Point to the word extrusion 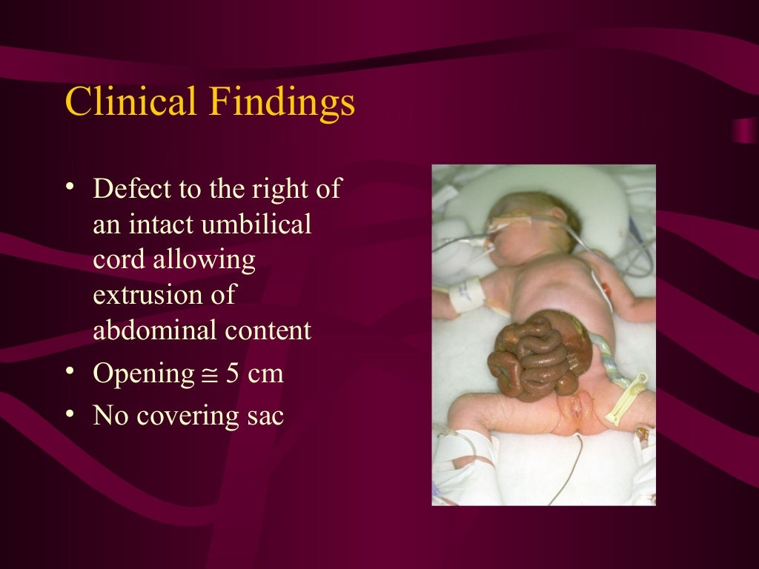164,295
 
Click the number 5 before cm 233,373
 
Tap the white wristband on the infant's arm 467,296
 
